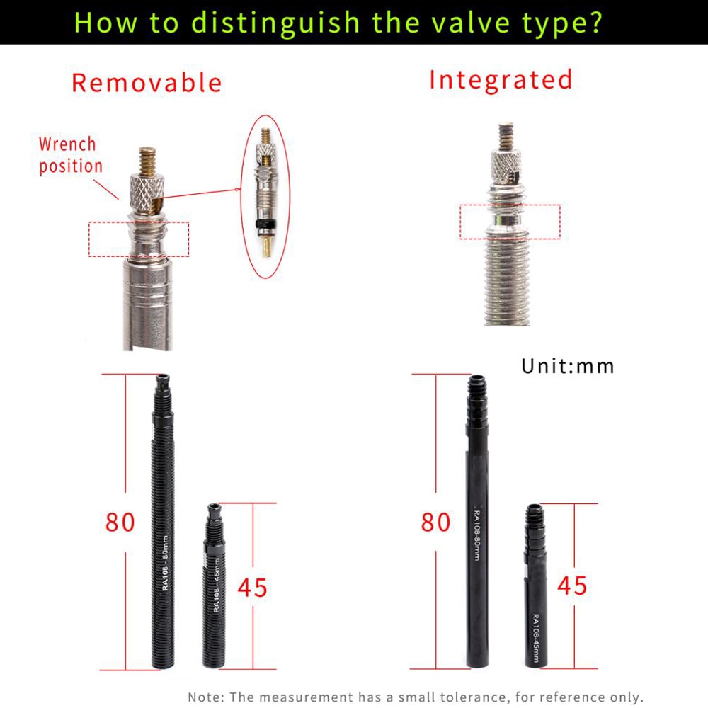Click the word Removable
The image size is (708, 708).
pos(147,83)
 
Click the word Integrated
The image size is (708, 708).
pos(501,79)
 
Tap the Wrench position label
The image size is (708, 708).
pos(69,155)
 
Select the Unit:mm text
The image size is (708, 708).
pos(568,366)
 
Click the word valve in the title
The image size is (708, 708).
pos(472,22)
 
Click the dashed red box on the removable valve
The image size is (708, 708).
pos(139,239)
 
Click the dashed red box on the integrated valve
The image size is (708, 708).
pos(510,222)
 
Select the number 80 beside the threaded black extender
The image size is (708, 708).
pos(120,522)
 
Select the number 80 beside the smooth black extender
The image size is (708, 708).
pos(435,523)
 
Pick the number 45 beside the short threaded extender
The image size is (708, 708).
pos(252,588)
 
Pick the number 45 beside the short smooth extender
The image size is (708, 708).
pos(572,586)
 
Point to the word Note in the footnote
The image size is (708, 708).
pos(204,697)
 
